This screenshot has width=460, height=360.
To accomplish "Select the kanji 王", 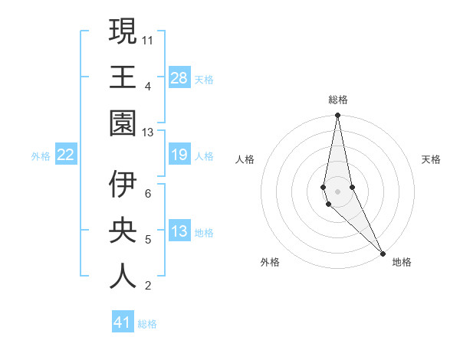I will click(123, 77).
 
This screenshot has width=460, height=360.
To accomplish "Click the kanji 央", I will click(123, 231).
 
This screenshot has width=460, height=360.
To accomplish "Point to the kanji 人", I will click(123, 277).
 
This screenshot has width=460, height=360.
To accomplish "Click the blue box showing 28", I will click(179, 78).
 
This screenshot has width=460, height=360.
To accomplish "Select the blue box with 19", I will click(179, 155).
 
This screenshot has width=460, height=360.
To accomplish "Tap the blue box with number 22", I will click(66, 155).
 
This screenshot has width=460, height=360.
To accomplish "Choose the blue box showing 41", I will click(123, 322).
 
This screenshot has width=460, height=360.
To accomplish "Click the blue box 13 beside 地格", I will click(179, 232).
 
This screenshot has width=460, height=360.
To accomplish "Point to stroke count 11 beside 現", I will click(149, 38).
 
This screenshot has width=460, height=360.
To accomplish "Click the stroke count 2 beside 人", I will click(148, 286).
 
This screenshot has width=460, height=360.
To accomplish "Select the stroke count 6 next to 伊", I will click(148, 193).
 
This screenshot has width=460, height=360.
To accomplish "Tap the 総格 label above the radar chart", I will click(337, 100).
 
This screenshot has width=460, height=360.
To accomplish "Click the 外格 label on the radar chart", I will click(270, 262).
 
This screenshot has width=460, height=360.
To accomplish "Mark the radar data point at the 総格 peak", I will click(337, 116).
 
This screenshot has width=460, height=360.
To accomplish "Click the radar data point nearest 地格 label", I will click(382, 252).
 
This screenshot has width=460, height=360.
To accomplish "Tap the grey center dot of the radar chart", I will click(337, 191).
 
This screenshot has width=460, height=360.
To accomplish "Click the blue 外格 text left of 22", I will click(41, 156).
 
